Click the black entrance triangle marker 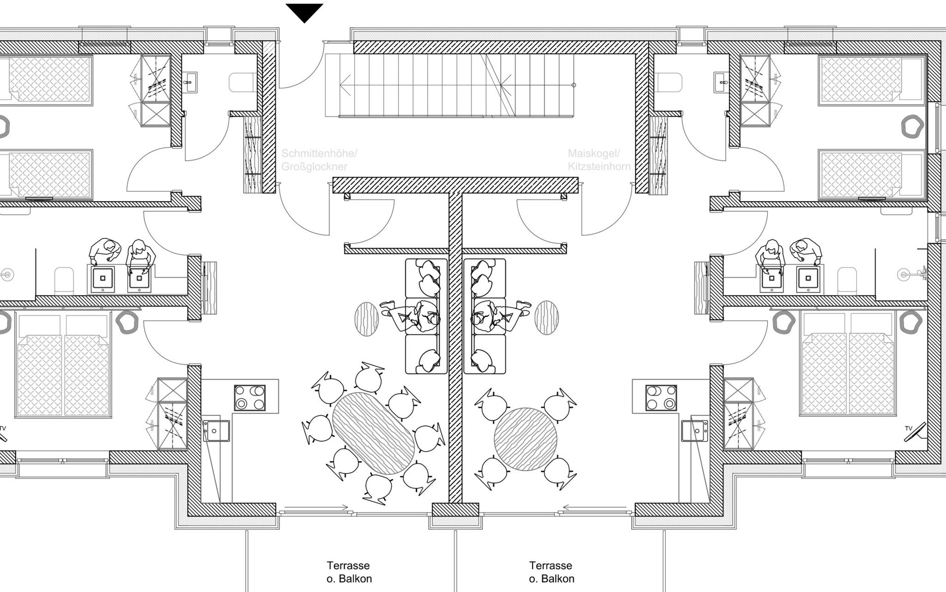(x=304, y=12)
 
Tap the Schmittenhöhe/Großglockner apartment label (x=319, y=160)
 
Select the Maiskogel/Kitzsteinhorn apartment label (x=599, y=160)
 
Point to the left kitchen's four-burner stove (x=249, y=398)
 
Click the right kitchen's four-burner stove (x=661, y=398)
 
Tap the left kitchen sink (x=216, y=431)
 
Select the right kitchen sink (x=695, y=431)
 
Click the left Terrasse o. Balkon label (x=349, y=572)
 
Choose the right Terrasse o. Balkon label (x=551, y=572)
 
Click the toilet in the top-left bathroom (x=242, y=82)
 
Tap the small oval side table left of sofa (x=367, y=319)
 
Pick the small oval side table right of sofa (x=547, y=318)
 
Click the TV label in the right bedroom (x=909, y=428)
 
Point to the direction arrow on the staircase (x=345, y=85)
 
